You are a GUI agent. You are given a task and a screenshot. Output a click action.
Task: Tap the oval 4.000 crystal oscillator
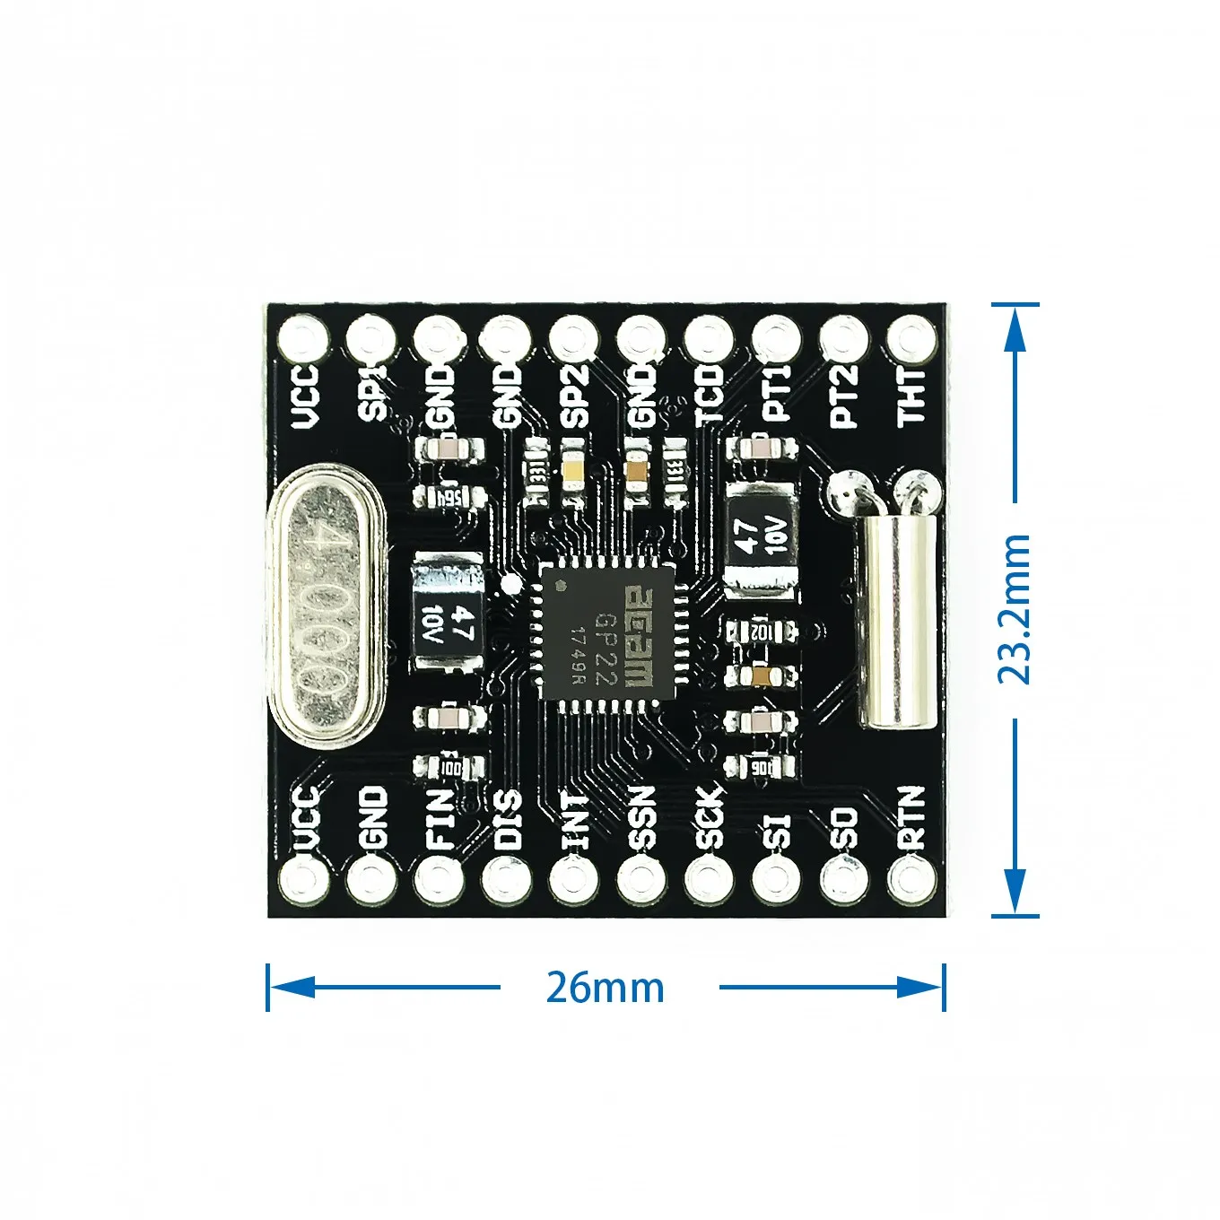pos(329,607)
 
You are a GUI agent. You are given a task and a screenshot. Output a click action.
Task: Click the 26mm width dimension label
pos(606,988)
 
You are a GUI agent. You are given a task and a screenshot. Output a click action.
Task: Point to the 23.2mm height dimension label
pos(1015,610)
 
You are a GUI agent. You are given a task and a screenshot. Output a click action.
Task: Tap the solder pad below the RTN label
pos(911,880)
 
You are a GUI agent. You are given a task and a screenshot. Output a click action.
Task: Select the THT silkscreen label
pos(911,395)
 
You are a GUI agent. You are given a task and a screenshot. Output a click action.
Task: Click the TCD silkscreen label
pos(709,395)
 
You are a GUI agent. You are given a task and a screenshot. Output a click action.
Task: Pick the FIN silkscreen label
pos(439,818)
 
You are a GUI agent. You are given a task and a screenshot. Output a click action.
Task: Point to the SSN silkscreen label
pos(641,818)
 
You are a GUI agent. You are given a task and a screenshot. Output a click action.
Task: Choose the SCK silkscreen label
pos(709,818)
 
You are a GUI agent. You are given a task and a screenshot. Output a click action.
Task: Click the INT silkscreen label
pos(574,820)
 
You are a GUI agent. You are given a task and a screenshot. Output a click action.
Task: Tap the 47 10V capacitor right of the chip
pos(760,538)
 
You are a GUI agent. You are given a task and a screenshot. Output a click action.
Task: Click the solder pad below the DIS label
pos(506,880)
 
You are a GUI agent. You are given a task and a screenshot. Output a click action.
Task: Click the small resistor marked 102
pos(761,632)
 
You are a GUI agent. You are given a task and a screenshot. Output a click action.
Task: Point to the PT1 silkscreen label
pos(777,393)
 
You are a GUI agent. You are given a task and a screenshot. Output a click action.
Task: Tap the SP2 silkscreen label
pos(574,395)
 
